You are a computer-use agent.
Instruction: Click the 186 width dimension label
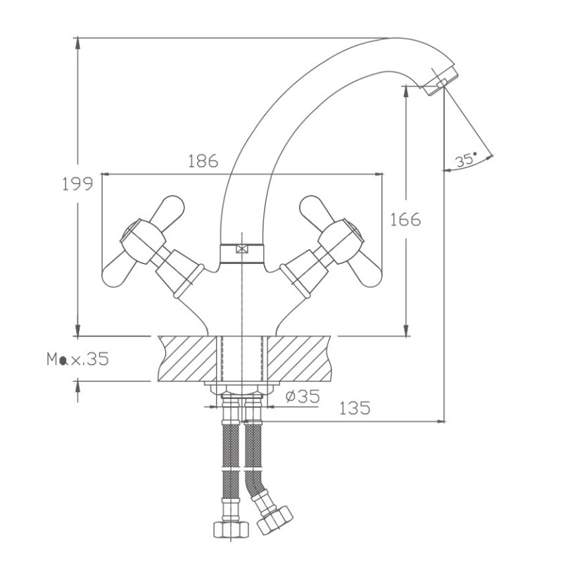(x=203, y=161)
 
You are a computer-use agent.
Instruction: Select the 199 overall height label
(x=77, y=184)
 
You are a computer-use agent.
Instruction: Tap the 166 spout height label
(x=405, y=220)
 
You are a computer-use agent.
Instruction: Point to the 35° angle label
(x=466, y=160)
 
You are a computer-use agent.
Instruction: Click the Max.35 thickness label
(x=77, y=359)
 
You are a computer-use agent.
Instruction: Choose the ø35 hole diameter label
(x=303, y=396)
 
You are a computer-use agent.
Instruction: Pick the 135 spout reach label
(x=355, y=408)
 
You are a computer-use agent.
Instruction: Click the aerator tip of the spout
(x=441, y=81)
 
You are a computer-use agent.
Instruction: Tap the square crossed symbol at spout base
(x=242, y=248)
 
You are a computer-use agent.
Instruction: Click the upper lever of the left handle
(x=167, y=208)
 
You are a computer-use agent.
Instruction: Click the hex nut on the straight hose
(x=231, y=529)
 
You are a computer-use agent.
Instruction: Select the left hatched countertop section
(x=188, y=358)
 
